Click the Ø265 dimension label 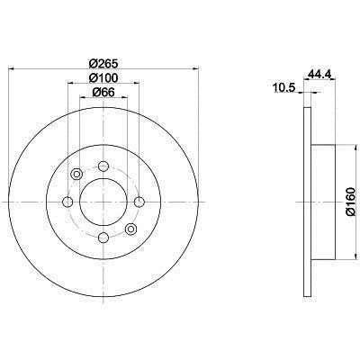click(x=103, y=64)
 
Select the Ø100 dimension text click(x=103, y=78)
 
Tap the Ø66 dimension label click(x=103, y=93)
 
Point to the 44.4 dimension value click(x=319, y=74)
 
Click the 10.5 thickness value click(x=284, y=88)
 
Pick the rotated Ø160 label click(x=350, y=202)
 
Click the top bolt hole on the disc click(x=103, y=166)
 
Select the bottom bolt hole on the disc click(x=103, y=238)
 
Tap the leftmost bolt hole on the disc click(x=67, y=202)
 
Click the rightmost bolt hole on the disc click(x=139, y=202)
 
